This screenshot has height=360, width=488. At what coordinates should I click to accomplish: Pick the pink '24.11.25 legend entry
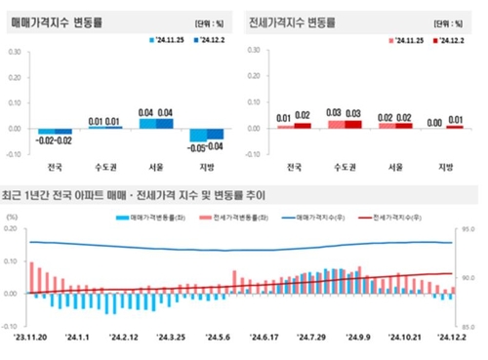tap(405, 40)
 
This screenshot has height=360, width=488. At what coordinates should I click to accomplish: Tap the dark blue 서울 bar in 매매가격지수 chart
tap(165, 123)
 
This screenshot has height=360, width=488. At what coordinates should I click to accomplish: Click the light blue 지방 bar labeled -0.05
tap(199, 136)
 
